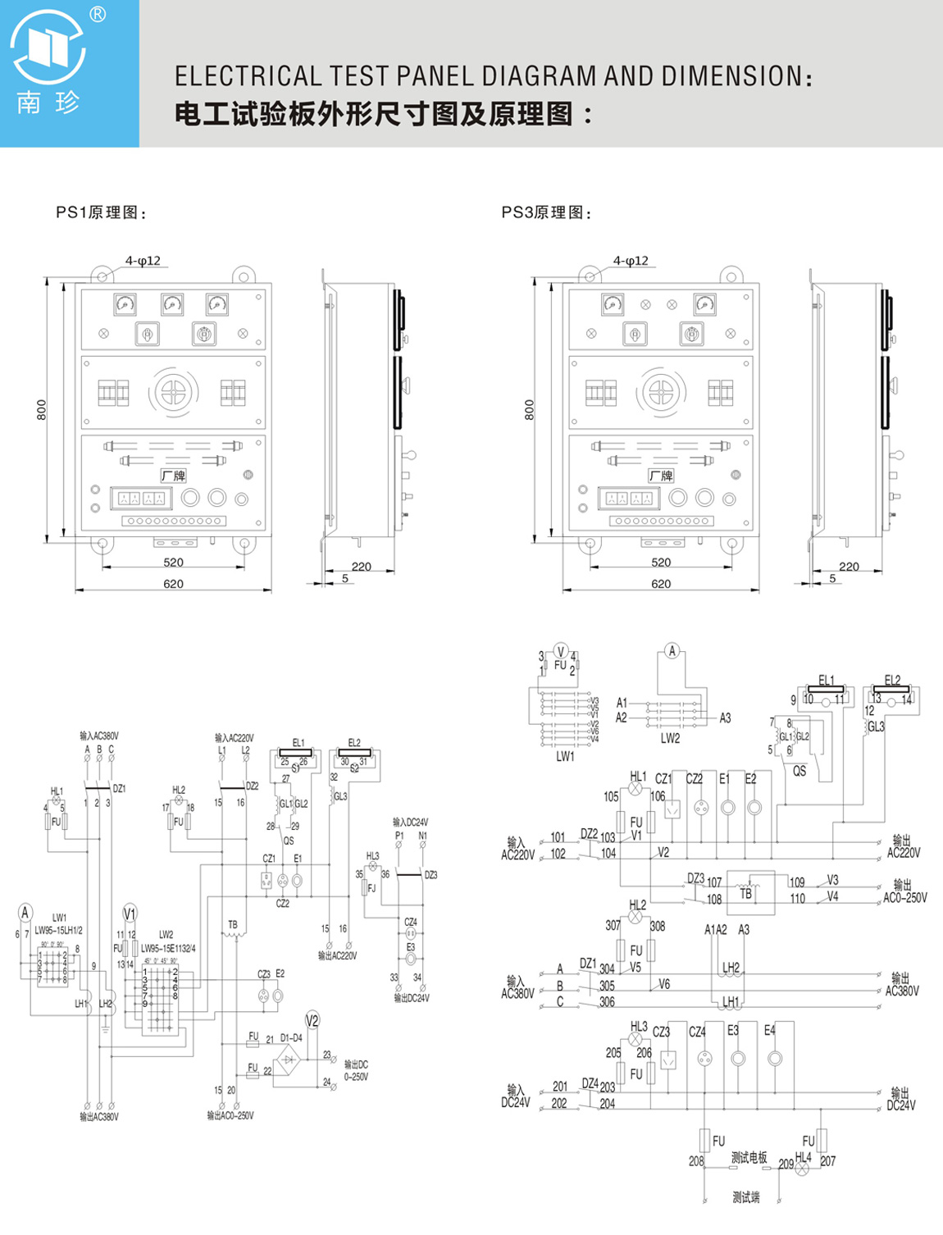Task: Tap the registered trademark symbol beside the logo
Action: (x=98, y=15)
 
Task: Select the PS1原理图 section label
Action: (x=101, y=212)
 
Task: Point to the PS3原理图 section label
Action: (x=546, y=212)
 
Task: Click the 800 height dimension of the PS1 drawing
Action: (x=42, y=409)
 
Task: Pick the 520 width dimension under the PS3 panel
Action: (x=661, y=563)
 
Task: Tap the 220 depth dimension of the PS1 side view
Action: (x=361, y=566)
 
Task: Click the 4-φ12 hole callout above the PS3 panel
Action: (x=631, y=261)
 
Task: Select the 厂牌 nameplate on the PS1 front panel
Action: (x=173, y=476)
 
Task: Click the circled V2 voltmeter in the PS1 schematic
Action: (x=312, y=1020)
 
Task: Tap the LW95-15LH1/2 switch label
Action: (x=58, y=930)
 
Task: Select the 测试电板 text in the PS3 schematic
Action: (x=749, y=1157)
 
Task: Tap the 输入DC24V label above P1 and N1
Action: (x=410, y=822)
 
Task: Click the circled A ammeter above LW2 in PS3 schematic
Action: (x=672, y=651)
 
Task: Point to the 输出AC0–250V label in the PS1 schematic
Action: (x=230, y=1115)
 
